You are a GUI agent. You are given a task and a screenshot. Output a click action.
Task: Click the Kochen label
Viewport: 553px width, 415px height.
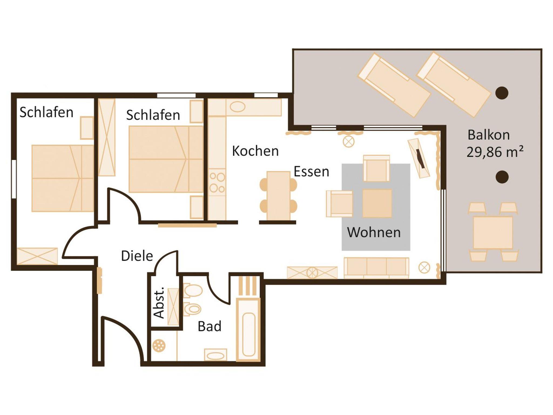255,151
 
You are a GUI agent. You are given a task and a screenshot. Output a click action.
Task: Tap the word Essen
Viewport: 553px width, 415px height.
311,171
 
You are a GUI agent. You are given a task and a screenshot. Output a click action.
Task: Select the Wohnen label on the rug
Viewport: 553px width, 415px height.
374,232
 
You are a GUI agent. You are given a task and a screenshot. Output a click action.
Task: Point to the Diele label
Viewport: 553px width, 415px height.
137,256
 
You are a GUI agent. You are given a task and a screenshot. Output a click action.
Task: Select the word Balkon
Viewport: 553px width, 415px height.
489,135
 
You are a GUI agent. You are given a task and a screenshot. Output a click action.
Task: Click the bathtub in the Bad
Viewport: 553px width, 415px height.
248,330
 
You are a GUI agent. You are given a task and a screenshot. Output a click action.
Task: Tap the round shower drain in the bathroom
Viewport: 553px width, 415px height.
159,345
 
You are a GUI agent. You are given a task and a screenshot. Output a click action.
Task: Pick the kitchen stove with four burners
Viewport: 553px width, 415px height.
217,183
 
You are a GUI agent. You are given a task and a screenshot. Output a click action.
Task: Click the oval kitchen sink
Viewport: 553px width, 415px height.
237,107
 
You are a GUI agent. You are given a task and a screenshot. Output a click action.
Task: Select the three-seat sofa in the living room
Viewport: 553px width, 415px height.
376,268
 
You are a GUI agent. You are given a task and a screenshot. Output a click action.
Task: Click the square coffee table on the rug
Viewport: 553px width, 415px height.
377,203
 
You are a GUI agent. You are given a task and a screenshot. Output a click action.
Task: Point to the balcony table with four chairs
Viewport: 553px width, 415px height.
493,232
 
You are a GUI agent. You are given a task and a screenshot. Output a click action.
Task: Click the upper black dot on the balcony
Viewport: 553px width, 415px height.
502,93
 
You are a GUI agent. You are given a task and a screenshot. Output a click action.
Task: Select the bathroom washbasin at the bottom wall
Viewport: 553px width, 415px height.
215,355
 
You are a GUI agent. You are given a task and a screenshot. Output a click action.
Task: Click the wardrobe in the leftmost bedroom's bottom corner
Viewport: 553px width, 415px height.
37,256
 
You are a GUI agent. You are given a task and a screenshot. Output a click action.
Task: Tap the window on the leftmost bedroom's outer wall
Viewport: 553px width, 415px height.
14,179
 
